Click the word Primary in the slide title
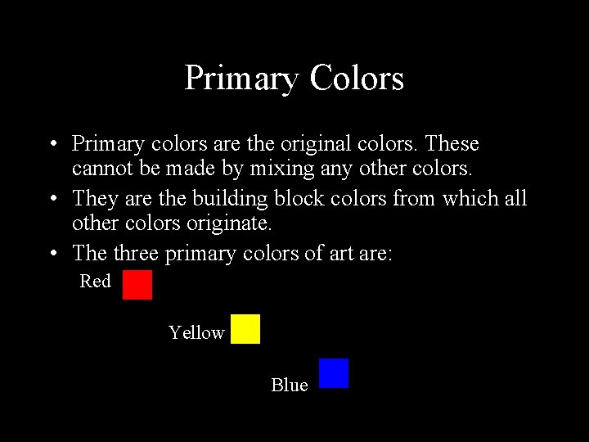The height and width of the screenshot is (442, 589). (x=241, y=79)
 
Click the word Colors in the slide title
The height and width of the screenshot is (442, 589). (x=357, y=79)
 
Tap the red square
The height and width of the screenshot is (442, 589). (x=137, y=285)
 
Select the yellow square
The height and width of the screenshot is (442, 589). (x=245, y=329)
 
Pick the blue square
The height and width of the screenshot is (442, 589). (x=334, y=373)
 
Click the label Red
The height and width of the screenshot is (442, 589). (x=95, y=282)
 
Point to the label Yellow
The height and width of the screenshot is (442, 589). (x=196, y=333)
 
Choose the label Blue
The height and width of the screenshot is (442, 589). (x=290, y=385)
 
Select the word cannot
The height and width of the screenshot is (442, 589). (x=99, y=170)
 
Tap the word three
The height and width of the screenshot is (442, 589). (x=136, y=254)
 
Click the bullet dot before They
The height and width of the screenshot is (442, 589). (x=52, y=199)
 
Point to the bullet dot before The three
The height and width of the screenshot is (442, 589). (x=52, y=255)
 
